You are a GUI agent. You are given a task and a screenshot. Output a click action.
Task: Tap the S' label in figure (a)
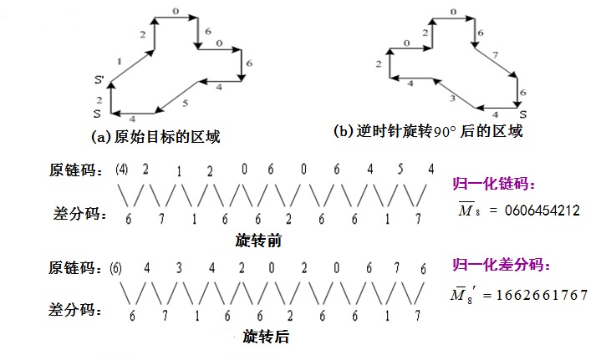[99, 81]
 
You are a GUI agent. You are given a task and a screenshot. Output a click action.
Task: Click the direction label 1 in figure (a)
[121, 61]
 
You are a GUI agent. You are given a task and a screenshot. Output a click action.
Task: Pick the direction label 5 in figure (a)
[185, 103]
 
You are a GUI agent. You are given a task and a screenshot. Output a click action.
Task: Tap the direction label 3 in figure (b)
[452, 99]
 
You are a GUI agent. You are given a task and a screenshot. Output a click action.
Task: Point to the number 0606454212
[542, 210]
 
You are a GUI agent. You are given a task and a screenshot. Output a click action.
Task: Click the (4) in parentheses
[122, 169]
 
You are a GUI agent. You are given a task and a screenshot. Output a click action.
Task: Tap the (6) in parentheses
[116, 268]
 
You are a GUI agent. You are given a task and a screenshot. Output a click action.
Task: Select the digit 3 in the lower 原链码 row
[180, 268]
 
